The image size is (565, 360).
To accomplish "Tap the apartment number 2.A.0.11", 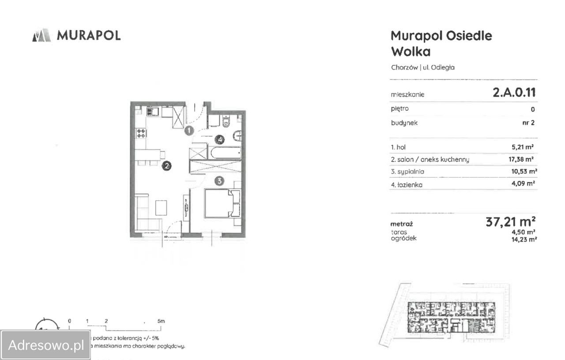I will point(514,93).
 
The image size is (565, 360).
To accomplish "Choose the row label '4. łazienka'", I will point(407,185).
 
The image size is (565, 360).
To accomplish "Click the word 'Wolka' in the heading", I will point(411,52).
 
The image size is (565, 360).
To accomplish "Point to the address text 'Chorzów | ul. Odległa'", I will point(423,67).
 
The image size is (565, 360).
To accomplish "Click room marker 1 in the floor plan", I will point(189,131).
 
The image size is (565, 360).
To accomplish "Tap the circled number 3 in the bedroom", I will point(219,180).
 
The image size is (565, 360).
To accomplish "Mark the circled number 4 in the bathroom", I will point(219,140).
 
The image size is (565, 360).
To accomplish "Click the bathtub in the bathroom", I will point(225,153).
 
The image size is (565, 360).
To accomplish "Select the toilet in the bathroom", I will point(226,121).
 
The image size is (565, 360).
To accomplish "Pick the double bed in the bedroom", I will point(222,203).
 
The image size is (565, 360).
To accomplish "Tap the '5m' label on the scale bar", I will point(161,321).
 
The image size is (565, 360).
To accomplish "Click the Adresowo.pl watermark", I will point(46,345).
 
